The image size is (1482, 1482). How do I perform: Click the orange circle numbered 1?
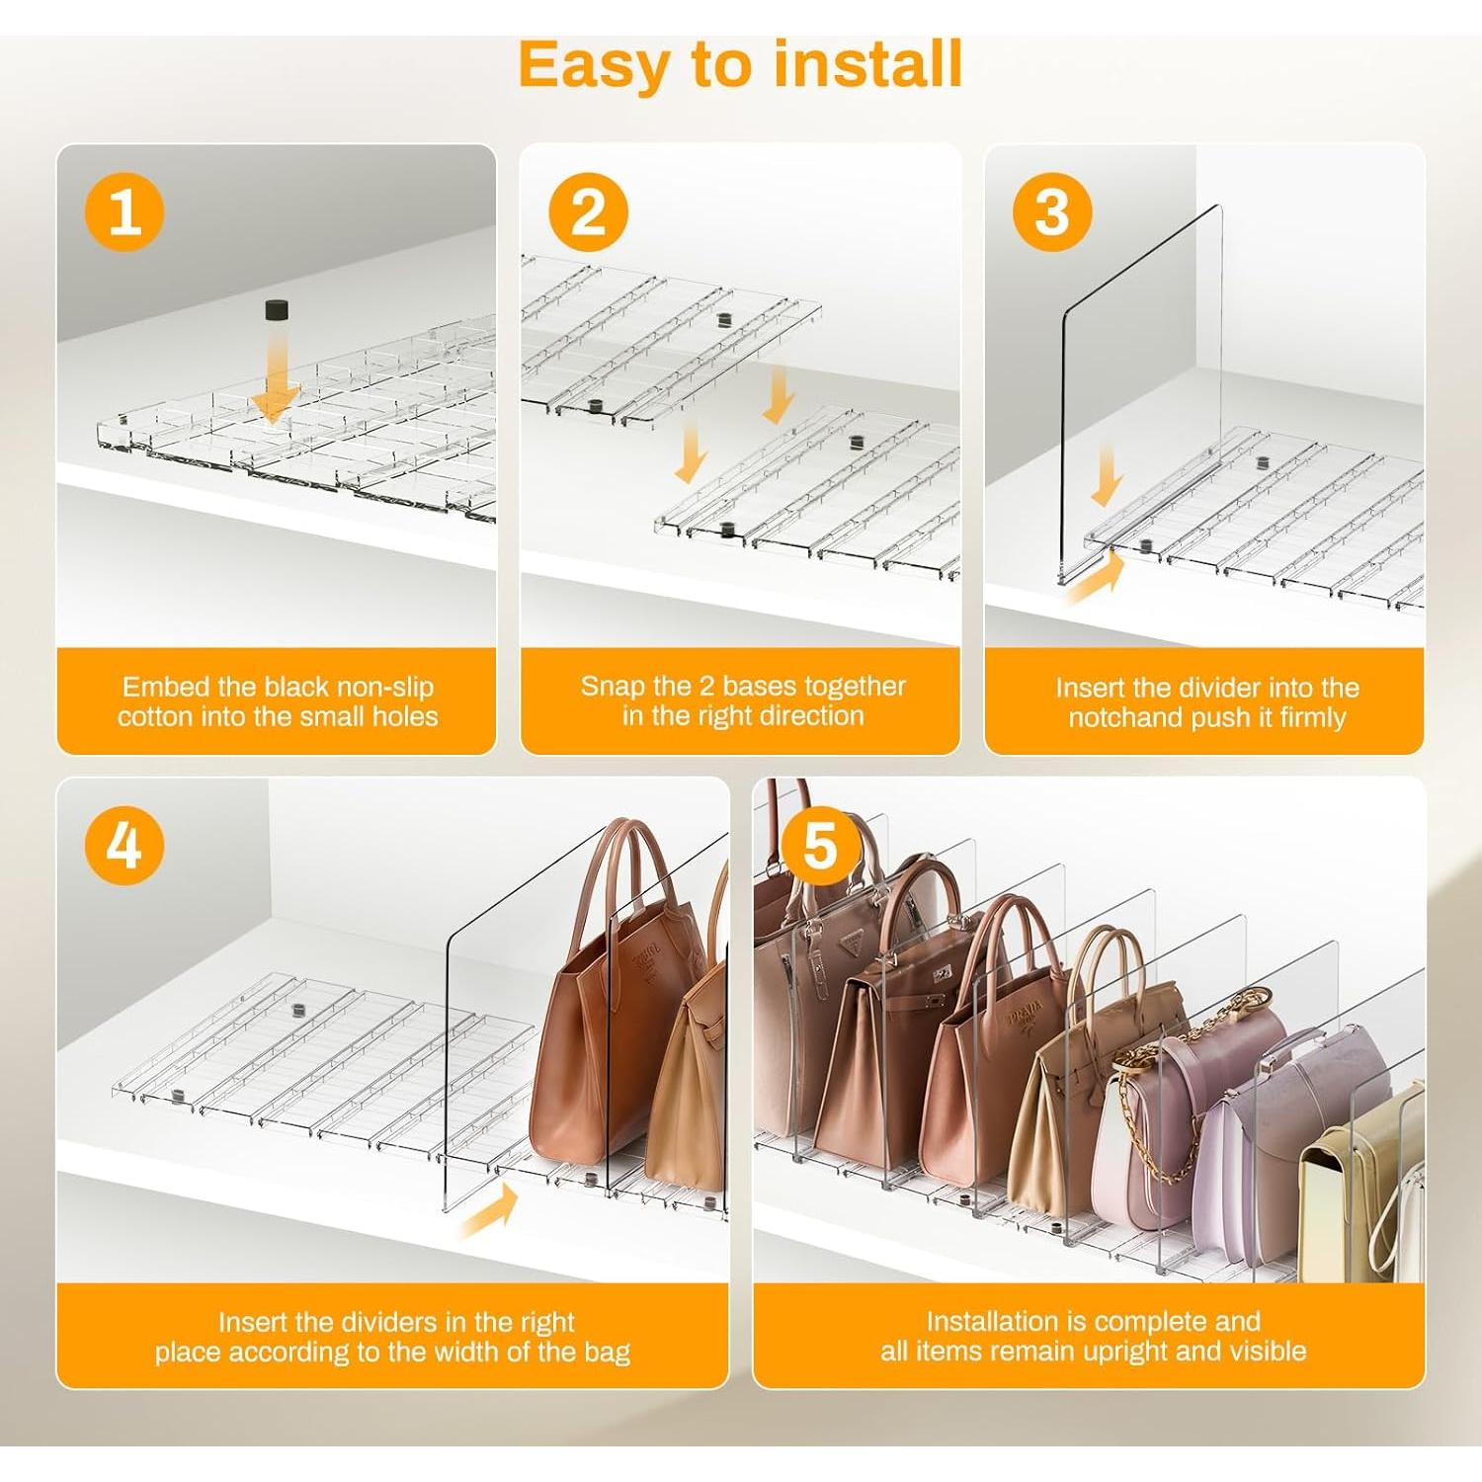pos(124,212)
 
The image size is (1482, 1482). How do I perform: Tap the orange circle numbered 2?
pos(589,212)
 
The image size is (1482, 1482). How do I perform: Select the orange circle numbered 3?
pos(1052,212)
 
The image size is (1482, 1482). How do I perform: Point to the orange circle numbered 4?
pos(124,846)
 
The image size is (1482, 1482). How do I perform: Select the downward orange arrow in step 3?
pos(1107,474)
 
